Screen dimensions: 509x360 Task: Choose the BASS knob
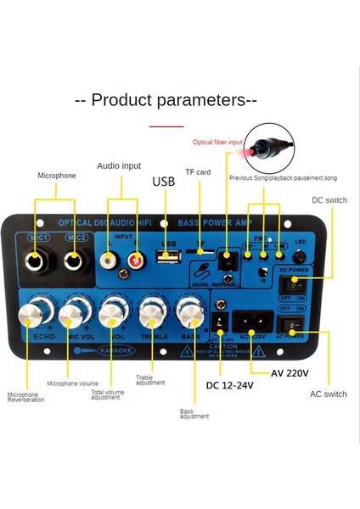pyautogui.click(x=190, y=315)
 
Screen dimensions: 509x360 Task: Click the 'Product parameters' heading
pyautogui.click(x=166, y=100)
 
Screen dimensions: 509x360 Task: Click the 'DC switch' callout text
pyautogui.click(x=329, y=200)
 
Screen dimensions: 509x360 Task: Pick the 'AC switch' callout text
pyautogui.click(x=328, y=394)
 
